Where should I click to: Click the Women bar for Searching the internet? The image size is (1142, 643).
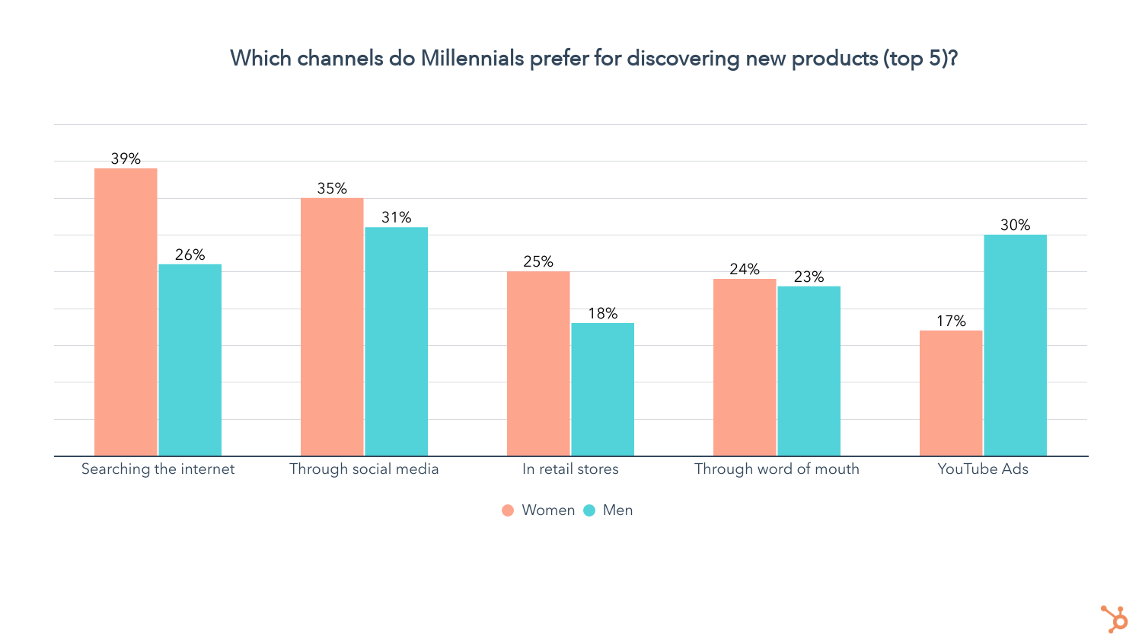point(126,312)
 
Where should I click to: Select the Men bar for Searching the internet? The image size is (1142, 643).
point(190,360)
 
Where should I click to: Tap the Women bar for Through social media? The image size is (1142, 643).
point(332,327)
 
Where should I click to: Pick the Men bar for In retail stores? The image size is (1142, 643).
point(603,389)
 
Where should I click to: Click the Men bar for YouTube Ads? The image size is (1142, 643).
point(1016,345)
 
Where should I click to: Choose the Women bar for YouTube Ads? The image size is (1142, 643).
point(951,393)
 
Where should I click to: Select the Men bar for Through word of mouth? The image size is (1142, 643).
point(809,371)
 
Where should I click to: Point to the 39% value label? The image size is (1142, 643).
point(126,158)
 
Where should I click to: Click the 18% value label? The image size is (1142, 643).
point(603,313)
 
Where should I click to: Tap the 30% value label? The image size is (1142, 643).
point(1016,225)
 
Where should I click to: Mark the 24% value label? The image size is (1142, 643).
point(745,269)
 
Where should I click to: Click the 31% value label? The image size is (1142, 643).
point(397,217)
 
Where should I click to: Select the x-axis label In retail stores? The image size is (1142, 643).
point(570,469)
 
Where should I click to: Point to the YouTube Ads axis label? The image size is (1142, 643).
point(983,469)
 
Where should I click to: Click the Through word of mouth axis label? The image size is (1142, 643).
point(777,469)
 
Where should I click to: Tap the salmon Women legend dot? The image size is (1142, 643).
point(508,510)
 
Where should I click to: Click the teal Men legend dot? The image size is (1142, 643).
point(589,510)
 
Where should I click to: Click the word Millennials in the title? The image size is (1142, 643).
point(472,58)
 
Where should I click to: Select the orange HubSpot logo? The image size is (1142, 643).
point(1115,618)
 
